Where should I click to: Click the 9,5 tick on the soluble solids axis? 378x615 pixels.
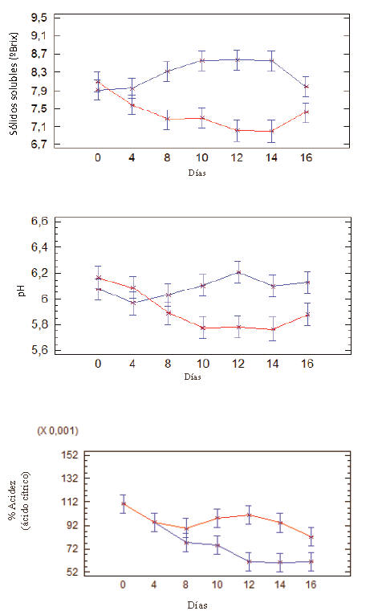click(x=39, y=18)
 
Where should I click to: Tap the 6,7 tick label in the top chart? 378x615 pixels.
click(x=39, y=145)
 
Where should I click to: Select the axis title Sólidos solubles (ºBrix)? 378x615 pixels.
click(x=14, y=83)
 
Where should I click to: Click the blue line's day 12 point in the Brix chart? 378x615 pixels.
click(x=238, y=59)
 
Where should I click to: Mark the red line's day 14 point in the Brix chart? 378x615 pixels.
click(x=271, y=131)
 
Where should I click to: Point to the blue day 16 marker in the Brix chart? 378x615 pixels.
click(x=307, y=87)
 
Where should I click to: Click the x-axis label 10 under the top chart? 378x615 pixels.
click(x=202, y=157)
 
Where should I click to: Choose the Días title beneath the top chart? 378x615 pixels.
click(x=197, y=173)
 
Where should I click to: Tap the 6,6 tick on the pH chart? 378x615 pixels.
click(x=39, y=222)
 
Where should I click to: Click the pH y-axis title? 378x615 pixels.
click(x=22, y=291)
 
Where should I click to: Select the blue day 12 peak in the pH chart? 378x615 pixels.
click(x=238, y=272)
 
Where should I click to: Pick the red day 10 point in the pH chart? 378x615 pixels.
click(x=203, y=328)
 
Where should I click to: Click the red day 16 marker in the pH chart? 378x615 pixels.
click(x=308, y=315)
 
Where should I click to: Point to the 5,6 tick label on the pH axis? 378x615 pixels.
click(x=39, y=350)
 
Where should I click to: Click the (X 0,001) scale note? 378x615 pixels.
click(x=58, y=430)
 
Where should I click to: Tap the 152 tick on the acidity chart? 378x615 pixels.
click(x=70, y=455)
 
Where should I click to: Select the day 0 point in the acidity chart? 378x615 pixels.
click(x=124, y=503)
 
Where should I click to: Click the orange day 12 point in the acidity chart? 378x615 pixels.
click(x=249, y=515)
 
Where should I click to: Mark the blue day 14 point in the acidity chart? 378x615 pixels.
click(x=280, y=563)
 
